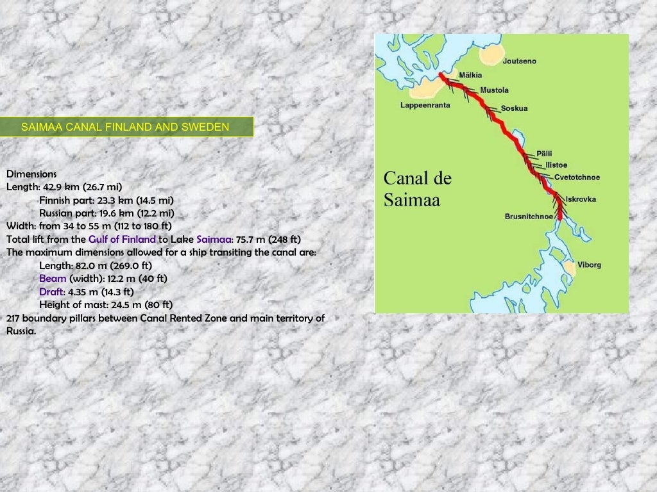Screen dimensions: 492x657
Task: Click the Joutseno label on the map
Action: tap(520, 61)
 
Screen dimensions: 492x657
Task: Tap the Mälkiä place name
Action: tap(470, 75)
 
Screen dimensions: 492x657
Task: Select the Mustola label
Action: tap(494, 90)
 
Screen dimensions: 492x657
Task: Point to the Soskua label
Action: tap(514, 108)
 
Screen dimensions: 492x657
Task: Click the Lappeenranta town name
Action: tap(425, 104)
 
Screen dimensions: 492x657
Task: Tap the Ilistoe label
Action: tap(556, 165)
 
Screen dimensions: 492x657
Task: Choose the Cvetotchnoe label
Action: tap(577, 177)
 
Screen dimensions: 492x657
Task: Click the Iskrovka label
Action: tap(581, 199)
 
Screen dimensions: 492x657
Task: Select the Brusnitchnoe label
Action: tap(529, 217)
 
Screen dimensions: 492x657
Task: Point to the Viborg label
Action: tap(590, 265)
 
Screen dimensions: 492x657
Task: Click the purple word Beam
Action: tap(53, 279)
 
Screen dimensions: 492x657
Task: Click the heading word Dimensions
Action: tap(31, 174)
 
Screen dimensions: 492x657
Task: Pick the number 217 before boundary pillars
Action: tap(15, 318)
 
